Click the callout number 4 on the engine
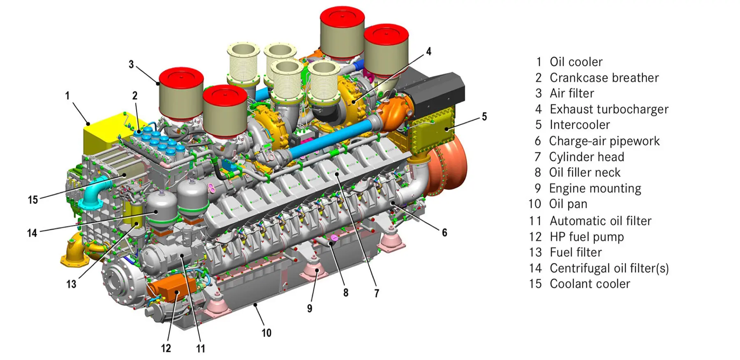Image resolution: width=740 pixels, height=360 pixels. (429, 51)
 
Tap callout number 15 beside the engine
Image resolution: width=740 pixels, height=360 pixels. (33, 200)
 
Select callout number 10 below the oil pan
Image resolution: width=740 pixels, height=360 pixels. (266, 333)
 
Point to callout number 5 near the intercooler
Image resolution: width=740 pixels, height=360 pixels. (484, 117)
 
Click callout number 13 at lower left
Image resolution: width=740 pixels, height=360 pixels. (71, 284)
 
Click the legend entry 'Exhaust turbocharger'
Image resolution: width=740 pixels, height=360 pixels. (609, 109)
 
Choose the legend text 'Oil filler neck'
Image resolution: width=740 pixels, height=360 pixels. (585, 173)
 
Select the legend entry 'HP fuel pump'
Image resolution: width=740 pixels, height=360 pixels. (587, 237)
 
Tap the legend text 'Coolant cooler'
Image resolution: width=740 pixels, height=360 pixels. (590, 284)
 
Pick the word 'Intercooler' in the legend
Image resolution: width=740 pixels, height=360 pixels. (580, 125)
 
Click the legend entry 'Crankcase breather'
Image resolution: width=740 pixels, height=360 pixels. (604, 78)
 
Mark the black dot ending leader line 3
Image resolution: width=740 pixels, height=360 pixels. (158, 83)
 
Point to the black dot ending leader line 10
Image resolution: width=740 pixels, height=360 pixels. (255, 305)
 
